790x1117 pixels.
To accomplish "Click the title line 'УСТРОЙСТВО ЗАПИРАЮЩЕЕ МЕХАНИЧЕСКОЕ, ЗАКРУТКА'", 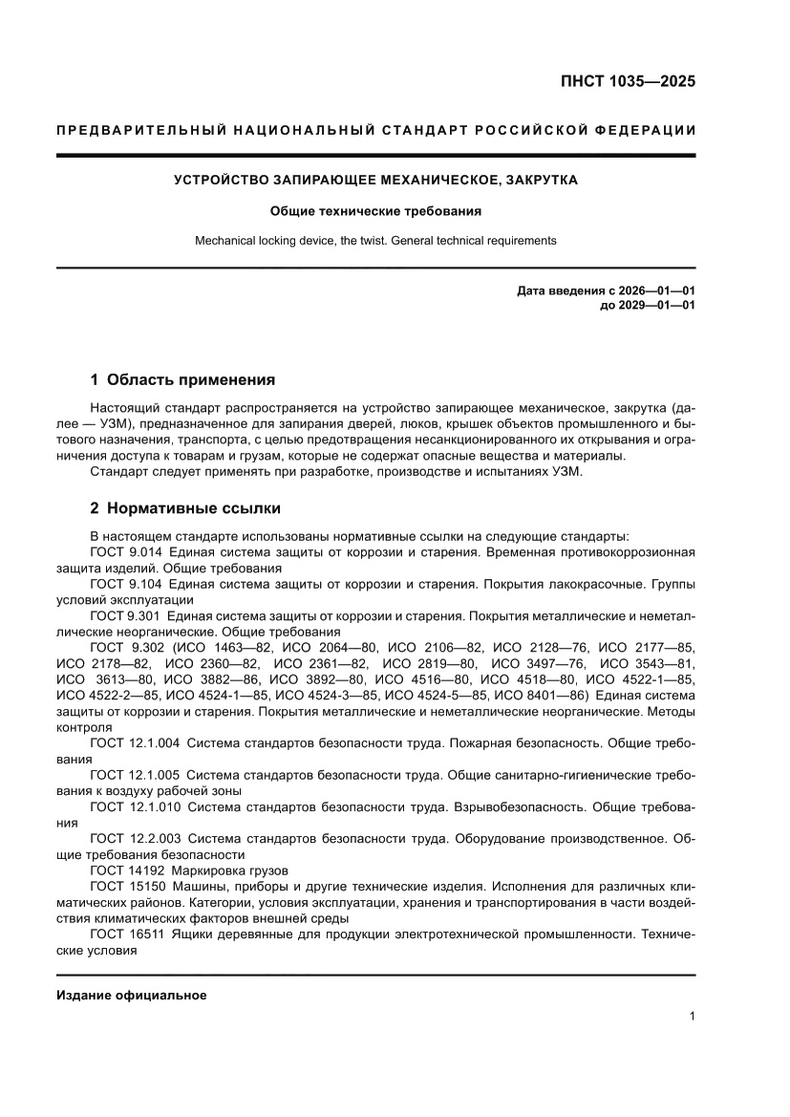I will (x=374, y=180).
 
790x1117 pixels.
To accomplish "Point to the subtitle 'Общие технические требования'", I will (x=374, y=210).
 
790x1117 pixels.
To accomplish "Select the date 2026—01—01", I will (x=658, y=290).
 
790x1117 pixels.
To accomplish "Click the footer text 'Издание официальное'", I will (x=132, y=996).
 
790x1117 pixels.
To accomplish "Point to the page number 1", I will (x=692, y=1017).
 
